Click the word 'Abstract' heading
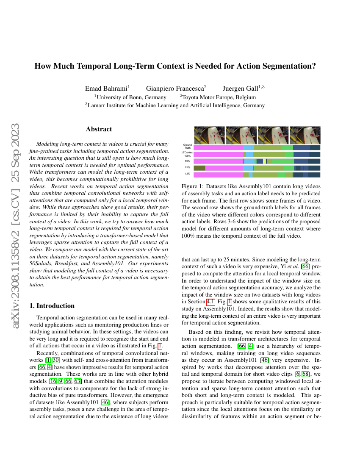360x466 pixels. click(x=99, y=129)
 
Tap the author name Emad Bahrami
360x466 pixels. click(x=107, y=89)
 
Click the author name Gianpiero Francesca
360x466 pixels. click(x=176, y=89)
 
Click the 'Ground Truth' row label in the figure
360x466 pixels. click(x=187, y=147)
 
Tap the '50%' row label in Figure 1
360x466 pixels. click(x=187, y=161)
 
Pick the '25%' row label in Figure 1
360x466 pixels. click(x=187, y=168)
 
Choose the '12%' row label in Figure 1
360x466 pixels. click(x=187, y=174)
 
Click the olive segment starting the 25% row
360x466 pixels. click(x=199, y=168)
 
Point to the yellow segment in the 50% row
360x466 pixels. click(x=265, y=161)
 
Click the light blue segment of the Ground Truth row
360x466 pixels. click(x=249, y=147)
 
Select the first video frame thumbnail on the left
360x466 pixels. click(x=209, y=135)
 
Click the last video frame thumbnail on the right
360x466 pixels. click(x=305, y=135)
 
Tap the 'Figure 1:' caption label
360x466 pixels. click(x=193, y=186)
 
